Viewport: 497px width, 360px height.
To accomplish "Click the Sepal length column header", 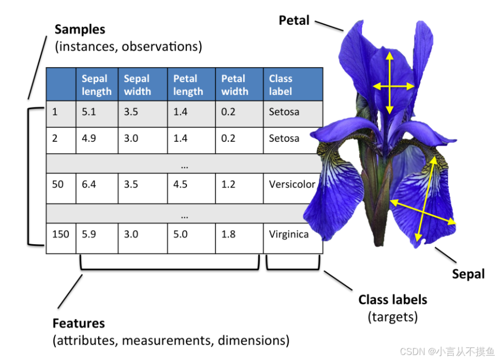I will pos(97,85).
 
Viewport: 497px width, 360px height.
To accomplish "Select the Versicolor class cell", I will pos(292,184).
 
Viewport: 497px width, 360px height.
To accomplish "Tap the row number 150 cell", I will pos(61,234).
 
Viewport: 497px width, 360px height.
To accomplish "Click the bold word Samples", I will pos(80,29).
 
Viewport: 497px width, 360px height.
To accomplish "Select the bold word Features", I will pos(78,323).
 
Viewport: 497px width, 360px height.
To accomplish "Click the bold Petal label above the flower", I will pos(294,20).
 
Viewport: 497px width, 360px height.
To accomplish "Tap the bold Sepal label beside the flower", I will pos(468,274).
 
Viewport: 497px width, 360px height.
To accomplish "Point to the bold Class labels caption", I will pos(393,300).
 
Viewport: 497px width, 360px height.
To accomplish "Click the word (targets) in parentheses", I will pos(393,317).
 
